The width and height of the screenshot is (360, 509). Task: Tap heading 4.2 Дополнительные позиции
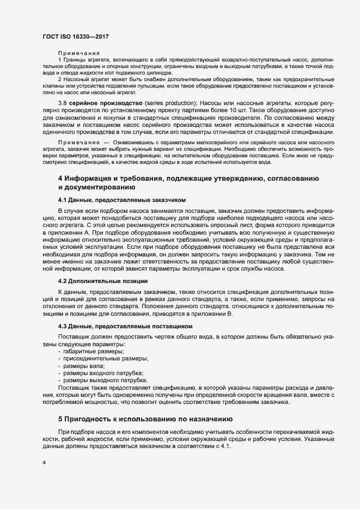pyautogui.click(x=102, y=281)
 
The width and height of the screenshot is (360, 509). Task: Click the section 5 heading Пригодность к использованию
pyautogui.click(x=145, y=419)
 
